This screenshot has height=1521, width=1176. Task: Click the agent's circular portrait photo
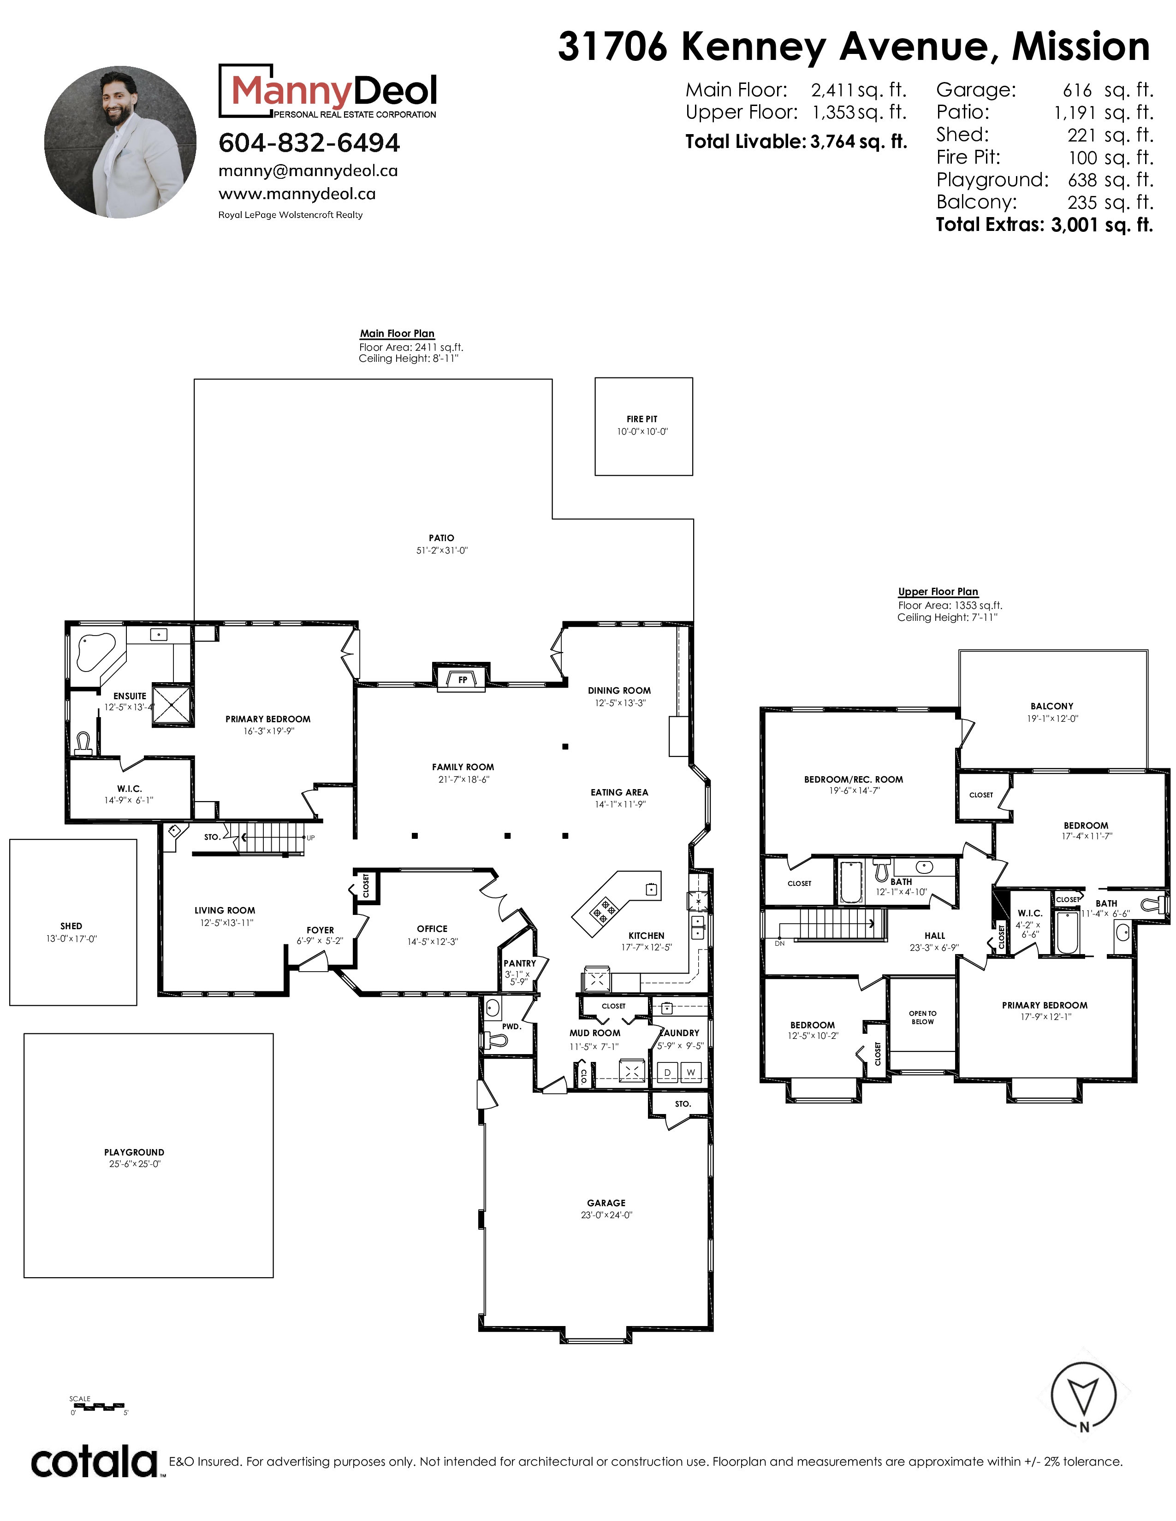pyautogui.click(x=120, y=142)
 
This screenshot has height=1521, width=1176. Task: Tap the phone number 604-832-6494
pyautogui.click(x=309, y=143)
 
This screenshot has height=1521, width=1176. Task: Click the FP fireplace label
pyautogui.click(x=463, y=680)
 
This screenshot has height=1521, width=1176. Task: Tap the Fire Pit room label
pyautogui.click(x=641, y=419)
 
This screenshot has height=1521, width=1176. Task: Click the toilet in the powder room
pyautogui.click(x=496, y=1040)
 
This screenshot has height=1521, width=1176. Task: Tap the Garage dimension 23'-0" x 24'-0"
pyautogui.click(x=606, y=1215)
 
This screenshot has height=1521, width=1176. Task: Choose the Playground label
pyautogui.click(x=135, y=1153)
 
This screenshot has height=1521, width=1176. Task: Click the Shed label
pyautogui.click(x=71, y=926)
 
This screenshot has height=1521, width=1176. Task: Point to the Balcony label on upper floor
pyautogui.click(x=1052, y=706)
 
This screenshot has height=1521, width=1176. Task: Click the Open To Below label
pyautogui.click(x=922, y=1018)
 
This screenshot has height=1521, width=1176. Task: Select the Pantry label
pyautogui.click(x=520, y=964)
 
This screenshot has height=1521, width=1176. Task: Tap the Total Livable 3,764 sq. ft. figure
pyautogui.click(x=796, y=142)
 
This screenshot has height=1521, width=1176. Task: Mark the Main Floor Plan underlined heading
pyautogui.click(x=397, y=334)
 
